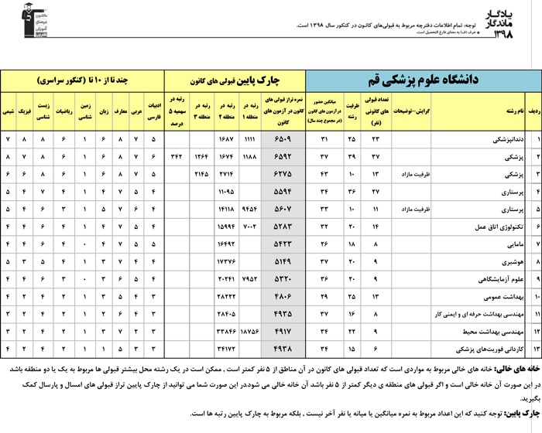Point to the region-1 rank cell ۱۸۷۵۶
251,331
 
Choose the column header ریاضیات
66,111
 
